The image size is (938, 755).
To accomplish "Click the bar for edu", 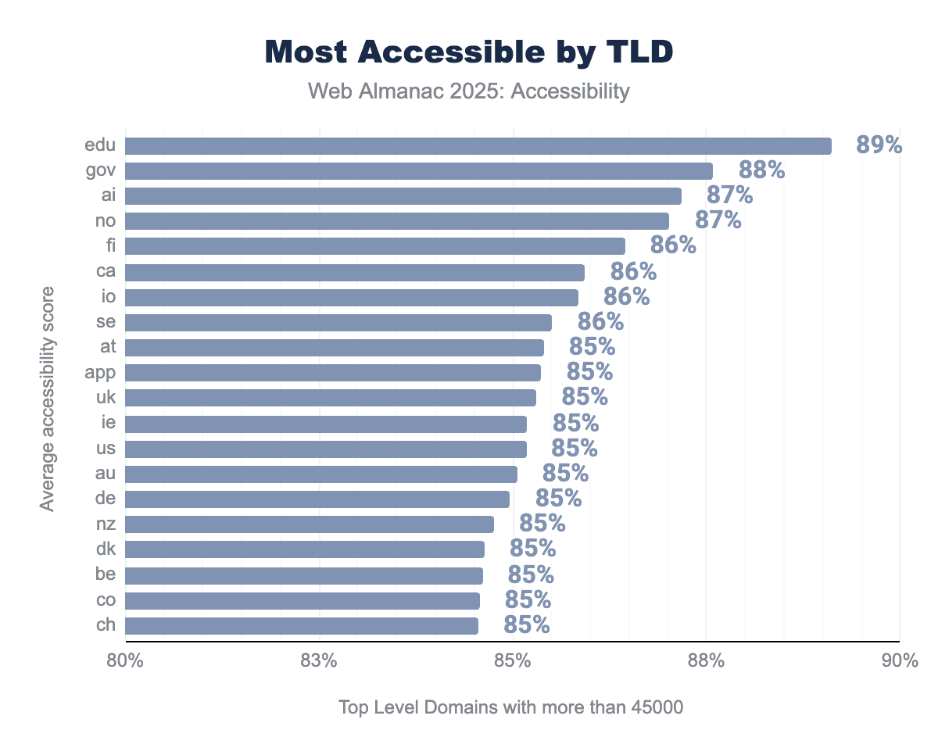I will tap(478, 146).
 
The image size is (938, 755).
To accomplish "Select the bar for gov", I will tap(418, 171).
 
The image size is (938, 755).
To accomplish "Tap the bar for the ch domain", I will tap(301, 625).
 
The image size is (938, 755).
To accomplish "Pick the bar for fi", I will tap(374, 246).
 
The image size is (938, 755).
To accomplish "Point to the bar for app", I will tap(332, 372).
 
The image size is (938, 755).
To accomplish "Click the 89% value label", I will tap(879, 145).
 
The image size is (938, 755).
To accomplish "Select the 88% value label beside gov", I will tap(761, 170).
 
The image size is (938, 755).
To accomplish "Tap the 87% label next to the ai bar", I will tap(729, 195).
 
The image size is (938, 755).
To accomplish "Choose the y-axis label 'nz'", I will tap(106, 524).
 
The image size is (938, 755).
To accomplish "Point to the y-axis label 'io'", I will tap(109, 297).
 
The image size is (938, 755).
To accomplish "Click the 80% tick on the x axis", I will tap(125, 660).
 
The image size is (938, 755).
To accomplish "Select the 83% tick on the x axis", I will tap(318, 660).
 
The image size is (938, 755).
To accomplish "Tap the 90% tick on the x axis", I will tap(900, 660).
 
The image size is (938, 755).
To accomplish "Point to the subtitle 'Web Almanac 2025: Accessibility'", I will tap(469, 91).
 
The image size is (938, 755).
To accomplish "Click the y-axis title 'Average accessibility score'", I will tap(48, 399).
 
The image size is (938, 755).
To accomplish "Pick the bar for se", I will tap(338, 322).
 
